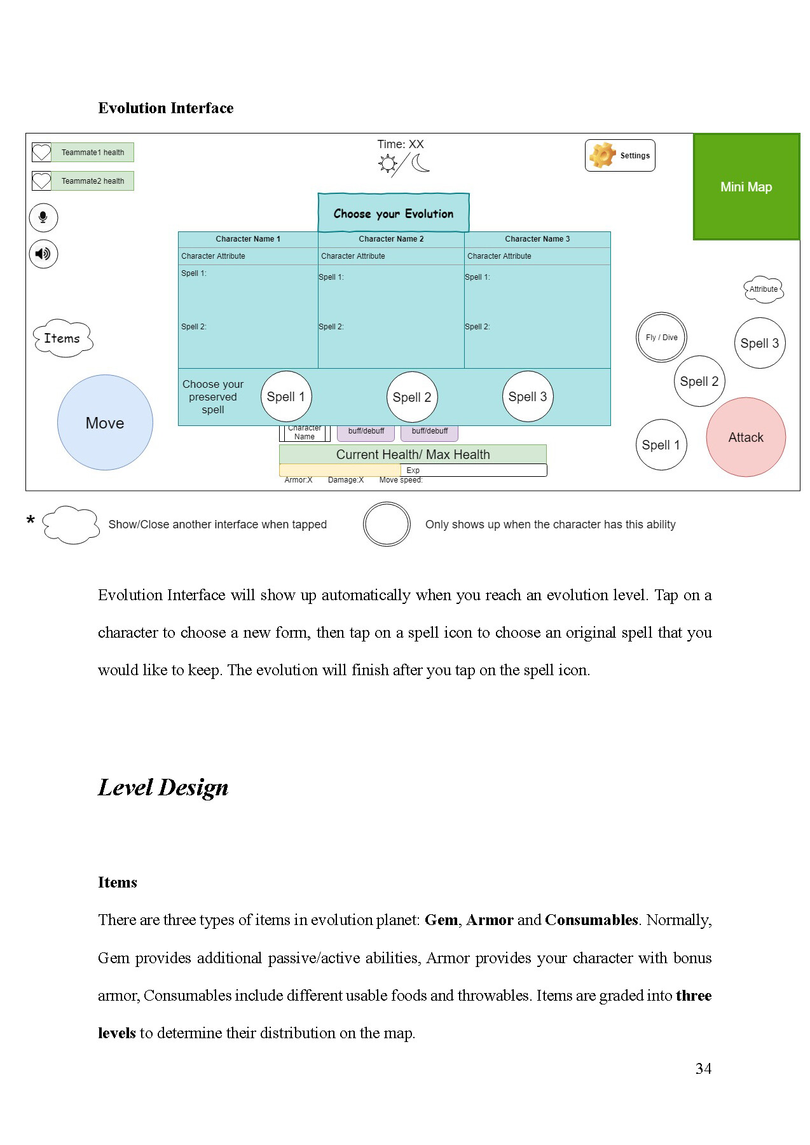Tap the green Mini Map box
(746, 186)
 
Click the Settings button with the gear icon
(620, 156)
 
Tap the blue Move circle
(105, 423)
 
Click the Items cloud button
(62, 338)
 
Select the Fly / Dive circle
(661, 338)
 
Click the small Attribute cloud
(763, 289)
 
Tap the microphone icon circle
(43, 217)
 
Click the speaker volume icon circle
(43, 254)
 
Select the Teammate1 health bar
(92, 153)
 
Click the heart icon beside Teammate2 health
(41, 181)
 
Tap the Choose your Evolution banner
(394, 214)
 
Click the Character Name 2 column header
(391, 239)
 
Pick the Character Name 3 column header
(537, 239)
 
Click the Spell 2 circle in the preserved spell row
(412, 397)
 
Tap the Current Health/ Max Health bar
(413, 455)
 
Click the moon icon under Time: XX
(420, 163)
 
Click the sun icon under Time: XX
(387, 164)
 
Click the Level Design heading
(163, 788)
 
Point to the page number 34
(703, 1069)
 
